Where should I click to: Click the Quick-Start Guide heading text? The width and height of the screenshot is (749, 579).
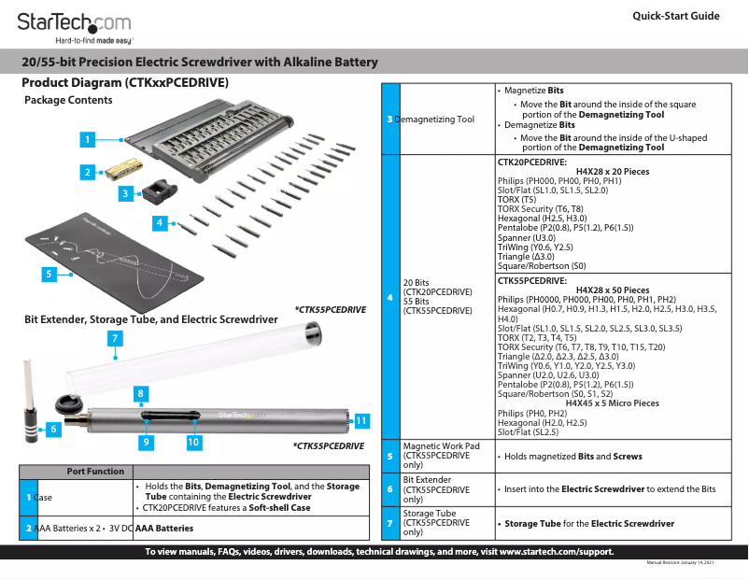click(x=675, y=16)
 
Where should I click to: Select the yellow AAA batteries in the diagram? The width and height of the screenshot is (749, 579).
click(x=122, y=169)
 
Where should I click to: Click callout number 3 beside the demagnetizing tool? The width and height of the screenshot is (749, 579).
click(x=125, y=193)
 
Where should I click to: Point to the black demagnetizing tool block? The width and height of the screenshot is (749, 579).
click(x=157, y=191)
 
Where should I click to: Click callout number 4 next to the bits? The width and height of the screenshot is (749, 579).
click(x=161, y=222)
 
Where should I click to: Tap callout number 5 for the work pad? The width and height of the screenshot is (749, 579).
click(x=48, y=274)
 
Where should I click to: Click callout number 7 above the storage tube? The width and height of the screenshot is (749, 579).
click(x=113, y=337)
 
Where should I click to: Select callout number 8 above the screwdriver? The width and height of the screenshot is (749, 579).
click(x=140, y=393)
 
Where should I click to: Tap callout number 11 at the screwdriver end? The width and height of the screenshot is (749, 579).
click(x=361, y=420)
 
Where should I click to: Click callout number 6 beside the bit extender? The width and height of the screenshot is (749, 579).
click(x=52, y=429)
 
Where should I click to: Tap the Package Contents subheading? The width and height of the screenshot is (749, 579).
click(x=68, y=100)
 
